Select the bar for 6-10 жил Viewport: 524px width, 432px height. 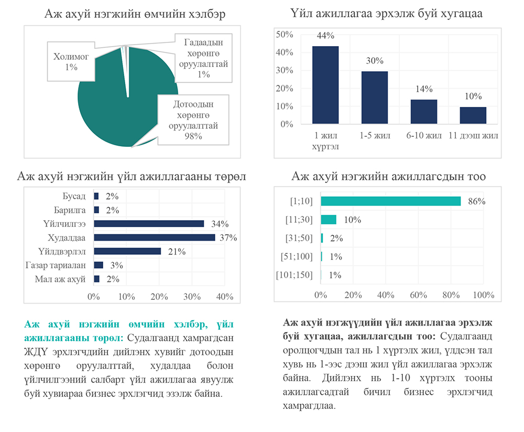pos(423,112)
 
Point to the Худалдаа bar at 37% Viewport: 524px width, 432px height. pos(154,237)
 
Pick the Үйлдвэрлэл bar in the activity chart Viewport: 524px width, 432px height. pos(127,251)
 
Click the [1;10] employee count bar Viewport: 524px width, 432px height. pos(390,201)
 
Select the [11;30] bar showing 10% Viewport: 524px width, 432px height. pos(329,220)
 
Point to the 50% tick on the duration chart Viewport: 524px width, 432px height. pos(284,35)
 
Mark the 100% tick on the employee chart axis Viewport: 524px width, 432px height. pos(483,295)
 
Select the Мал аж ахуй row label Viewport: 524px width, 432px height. pos(60,279)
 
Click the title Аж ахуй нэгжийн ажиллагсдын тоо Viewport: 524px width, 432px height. pos(388,177)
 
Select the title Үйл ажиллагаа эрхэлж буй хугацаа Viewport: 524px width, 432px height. pos(386,14)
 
